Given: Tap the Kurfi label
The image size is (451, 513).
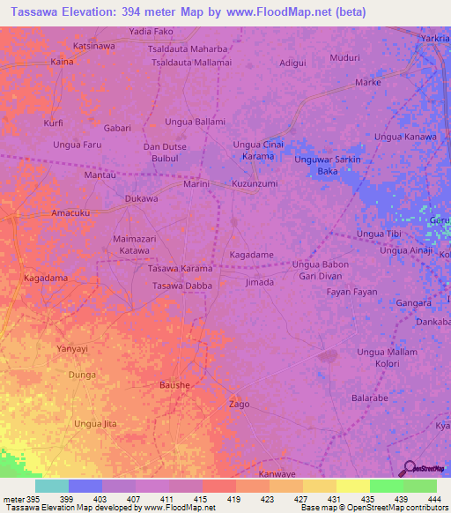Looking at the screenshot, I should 54,123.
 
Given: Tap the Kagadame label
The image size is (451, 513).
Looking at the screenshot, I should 251,254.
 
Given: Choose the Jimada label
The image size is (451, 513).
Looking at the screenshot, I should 259,282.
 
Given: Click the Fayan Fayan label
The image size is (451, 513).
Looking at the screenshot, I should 352,292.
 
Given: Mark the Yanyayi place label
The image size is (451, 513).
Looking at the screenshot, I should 73,348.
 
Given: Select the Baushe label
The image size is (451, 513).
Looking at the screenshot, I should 174,385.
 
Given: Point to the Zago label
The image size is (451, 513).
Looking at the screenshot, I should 239,405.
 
